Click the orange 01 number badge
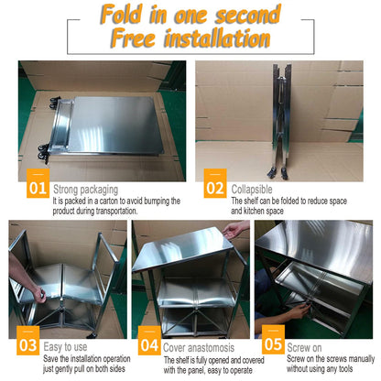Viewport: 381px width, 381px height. point(38,183)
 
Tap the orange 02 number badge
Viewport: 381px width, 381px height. point(215,183)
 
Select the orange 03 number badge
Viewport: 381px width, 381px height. point(27,341)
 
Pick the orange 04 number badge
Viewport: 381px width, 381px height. point(149,341)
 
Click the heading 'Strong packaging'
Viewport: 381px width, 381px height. point(86,190)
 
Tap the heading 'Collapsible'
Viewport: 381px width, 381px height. point(252,190)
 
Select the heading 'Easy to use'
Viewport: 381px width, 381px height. point(65,347)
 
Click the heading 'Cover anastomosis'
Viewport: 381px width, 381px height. point(199,348)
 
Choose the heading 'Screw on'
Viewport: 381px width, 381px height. point(304,347)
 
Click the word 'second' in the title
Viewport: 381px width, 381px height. point(248,15)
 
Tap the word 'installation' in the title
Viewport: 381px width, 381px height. point(217,38)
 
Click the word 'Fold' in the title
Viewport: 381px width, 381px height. point(122,14)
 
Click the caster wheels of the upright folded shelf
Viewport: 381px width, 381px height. point(278,173)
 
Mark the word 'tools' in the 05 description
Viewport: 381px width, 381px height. point(345,369)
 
